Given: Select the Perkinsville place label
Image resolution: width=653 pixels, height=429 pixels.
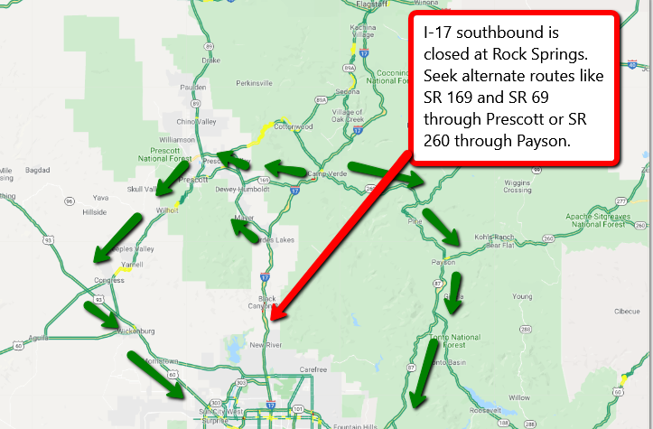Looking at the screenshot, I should (254, 83).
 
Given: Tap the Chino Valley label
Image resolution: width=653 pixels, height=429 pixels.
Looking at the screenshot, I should (198, 121).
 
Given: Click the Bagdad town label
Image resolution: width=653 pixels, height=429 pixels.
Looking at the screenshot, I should (37, 169).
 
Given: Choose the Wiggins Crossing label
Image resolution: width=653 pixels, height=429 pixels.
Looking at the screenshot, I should (517, 186).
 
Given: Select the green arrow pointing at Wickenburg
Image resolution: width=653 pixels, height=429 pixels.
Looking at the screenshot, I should (102, 313).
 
